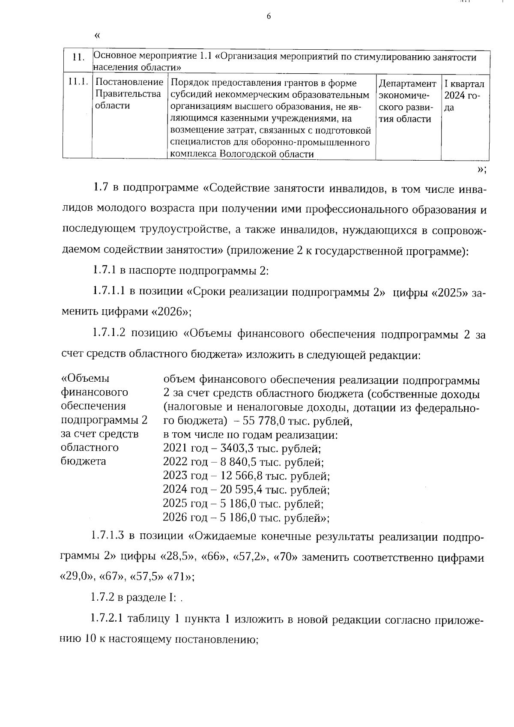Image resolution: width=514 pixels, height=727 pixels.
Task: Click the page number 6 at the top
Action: (x=269, y=16)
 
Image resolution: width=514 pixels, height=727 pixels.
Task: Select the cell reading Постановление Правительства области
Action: (x=129, y=94)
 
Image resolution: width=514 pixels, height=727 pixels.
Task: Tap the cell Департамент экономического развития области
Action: (x=407, y=101)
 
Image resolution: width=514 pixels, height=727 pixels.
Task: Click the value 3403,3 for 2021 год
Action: (x=236, y=449)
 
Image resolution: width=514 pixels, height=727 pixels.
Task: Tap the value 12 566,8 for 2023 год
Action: (x=241, y=476)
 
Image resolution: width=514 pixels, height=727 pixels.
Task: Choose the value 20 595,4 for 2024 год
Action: (x=241, y=490)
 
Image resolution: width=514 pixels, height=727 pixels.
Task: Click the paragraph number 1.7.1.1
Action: (x=109, y=292)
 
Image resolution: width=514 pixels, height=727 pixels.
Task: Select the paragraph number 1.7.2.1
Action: (x=108, y=619)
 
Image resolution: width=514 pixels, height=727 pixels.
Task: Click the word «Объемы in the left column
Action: (x=86, y=379)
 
